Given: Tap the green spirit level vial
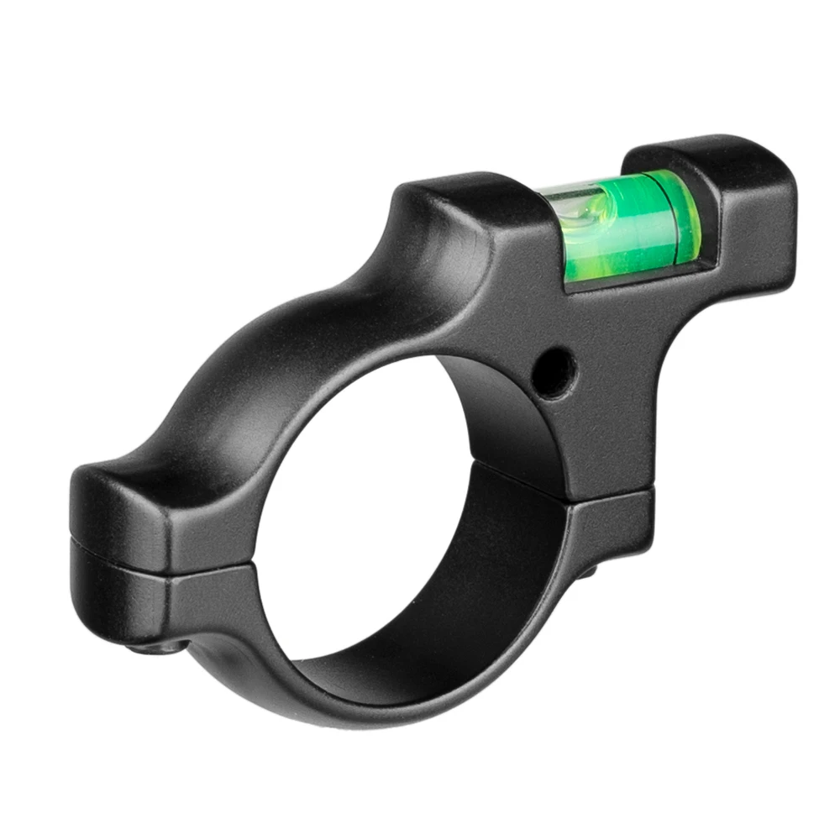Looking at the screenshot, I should pyautogui.click(x=622, y=227).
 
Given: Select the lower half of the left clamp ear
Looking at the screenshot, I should pyautogui.click(x=126, y=596).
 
